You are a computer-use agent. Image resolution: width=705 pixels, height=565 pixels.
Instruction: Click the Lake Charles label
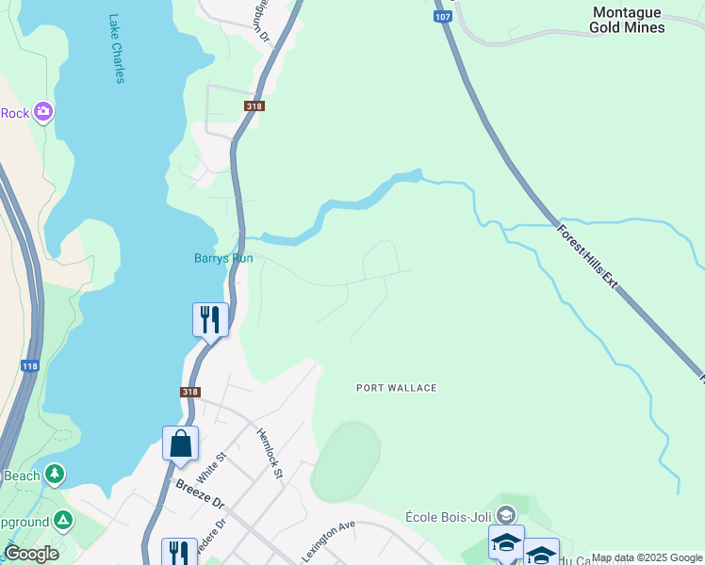coord(116,48)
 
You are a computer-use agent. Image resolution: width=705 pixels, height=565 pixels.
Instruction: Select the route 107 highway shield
coord(442,17)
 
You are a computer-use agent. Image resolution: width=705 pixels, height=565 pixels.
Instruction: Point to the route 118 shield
coord(28,364)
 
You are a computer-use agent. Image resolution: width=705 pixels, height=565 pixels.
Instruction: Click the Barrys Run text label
coord(218,258)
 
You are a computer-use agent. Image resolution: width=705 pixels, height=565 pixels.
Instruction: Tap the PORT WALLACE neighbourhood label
coord(397,388)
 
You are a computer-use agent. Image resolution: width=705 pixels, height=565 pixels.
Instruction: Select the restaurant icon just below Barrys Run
coord(210,319)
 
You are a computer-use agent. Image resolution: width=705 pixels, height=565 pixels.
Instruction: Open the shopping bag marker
coord(180,444)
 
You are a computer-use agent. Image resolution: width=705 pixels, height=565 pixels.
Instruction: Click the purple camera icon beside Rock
coord(42,113)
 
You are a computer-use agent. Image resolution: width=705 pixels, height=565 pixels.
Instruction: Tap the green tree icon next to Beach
coord(55,475)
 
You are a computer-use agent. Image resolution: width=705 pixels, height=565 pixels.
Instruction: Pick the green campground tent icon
coord(62,520)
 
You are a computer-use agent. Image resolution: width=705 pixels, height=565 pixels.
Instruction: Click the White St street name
coord(212,467)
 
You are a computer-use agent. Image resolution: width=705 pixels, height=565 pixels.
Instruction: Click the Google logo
coord(31,554)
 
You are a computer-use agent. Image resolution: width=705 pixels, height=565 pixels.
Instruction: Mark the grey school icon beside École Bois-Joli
coord(506,514)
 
